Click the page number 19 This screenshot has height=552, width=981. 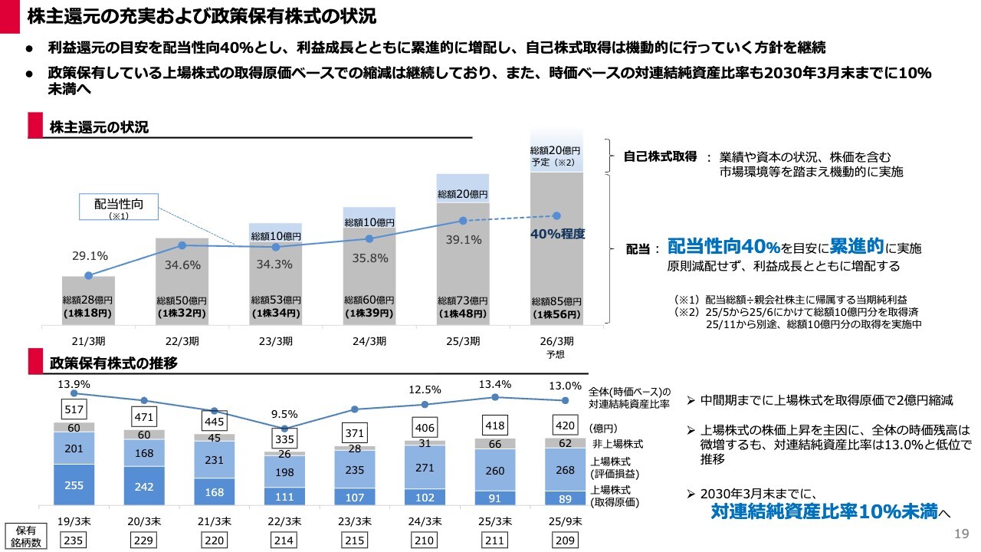coord(962,534)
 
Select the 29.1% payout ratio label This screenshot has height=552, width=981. coord(89,256)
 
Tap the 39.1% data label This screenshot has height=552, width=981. coord(463,240)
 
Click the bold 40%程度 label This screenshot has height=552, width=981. coord(557,235)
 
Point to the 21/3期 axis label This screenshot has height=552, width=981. coord(88,341)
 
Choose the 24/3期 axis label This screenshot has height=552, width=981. coord(369,341)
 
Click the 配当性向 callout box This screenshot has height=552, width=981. coord(119,207)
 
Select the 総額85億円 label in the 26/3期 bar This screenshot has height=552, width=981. coord(557,301)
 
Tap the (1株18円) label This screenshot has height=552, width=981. coord(88,314)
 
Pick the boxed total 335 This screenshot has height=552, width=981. coord(284,439)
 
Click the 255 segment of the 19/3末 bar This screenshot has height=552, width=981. coord(74,485)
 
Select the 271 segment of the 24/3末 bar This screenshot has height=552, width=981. coord(425,466)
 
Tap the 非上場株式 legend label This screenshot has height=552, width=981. coord(616,444)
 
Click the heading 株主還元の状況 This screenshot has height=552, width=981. coord(99,127)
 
